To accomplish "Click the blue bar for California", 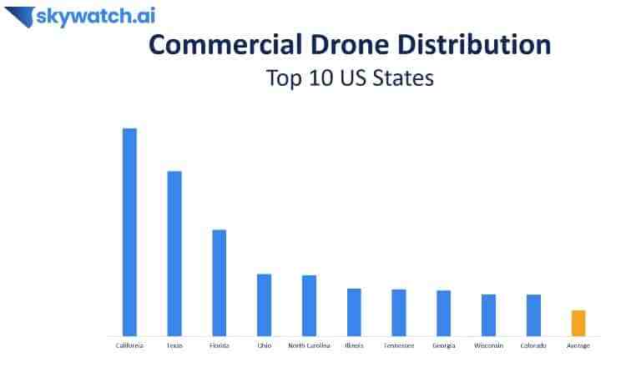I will (x=129, y=232).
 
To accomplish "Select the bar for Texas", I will (x=174, y=253).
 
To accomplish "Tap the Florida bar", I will (x=220, y=282).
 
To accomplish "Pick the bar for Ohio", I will (x=264, y=304).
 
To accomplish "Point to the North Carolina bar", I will (x=309, y=305).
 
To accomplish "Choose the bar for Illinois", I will (x=354, y=312).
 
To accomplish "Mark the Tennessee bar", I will (x=399, y=312).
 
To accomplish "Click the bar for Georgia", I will (x=443, y=313).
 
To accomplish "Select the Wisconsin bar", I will (x=488, y=314).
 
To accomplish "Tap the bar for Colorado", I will (x=533, y=314).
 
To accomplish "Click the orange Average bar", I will (x=578, y=323).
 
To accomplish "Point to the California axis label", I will (x=129, y=345).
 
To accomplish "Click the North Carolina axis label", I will (x=309, y=345).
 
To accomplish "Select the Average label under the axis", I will (x=578, y=345).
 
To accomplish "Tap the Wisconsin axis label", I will (x=488, y=345).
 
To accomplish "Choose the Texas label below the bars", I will (x=174, y=345).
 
